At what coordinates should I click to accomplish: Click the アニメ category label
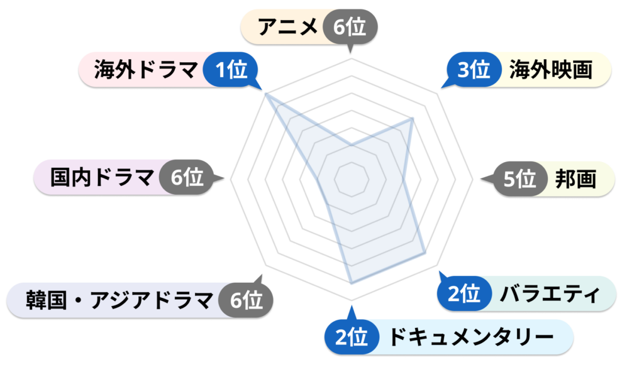pyautogui.click(x=287, y=27)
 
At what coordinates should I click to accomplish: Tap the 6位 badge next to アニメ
pyautogui.click(x=350, y=28)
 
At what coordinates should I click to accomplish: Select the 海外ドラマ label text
pyautogui.click(x=146, y=69)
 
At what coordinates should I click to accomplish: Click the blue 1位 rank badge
pyautogui.click(x=231, y=70)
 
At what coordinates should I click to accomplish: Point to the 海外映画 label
pyautogui.click(x=551, y=69)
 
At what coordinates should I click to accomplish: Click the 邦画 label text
pyautogui.click(x=575, y=179)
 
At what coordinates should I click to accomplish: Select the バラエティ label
pyautogui.click(x=550, y=294)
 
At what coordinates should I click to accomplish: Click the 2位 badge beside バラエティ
pyautogui.click(x=464, y=293)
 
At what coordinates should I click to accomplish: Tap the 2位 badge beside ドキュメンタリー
pyautogui.click(x=352, y=337)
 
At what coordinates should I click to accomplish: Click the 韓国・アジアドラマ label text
pyautogui.click(x=119, y=300)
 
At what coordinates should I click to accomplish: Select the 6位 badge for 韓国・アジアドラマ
pyautogui.click(x=246, y=300)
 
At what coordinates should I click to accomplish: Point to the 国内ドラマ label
pyautogui.click(x=102, y=177)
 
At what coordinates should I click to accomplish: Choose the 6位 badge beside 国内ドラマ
pyautogui.click(x=187, y=177)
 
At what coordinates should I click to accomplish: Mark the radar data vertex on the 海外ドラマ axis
pyautogui.click(x=266, y=94)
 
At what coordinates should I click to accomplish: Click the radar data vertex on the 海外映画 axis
pyautogui.click(x=413, y=119)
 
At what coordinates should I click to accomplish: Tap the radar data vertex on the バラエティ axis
pyautogui.click(x=425, y=253)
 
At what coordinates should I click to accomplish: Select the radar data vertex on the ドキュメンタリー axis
pyautogui.click(x=352, y=283)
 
